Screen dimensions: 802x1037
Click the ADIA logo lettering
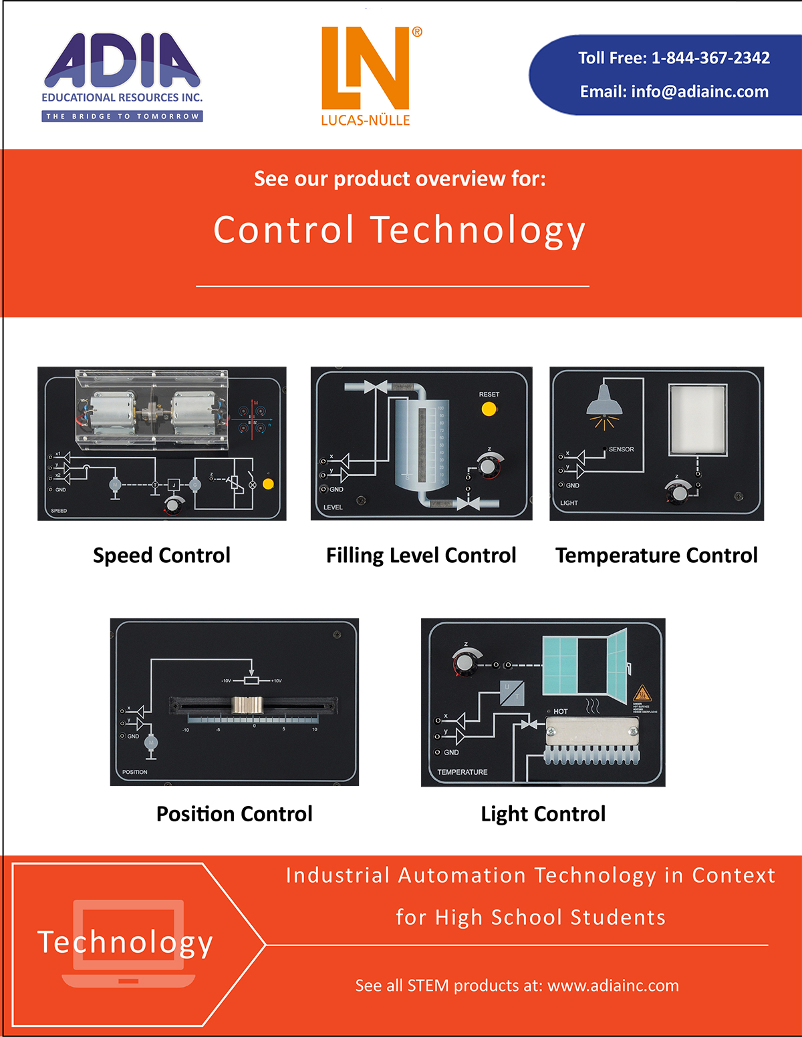pyautogui.click(x=122, y=61)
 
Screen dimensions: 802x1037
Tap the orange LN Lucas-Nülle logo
pyautogui.click(x=366, y=69)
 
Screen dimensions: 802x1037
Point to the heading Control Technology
pyautogui.click(x=400, y=230)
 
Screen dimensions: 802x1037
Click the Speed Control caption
pyautogui.click(x=162, y=556)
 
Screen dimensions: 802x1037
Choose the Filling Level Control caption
pyautogui.click(x=421, y=556)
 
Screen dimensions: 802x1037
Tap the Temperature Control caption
pyautogui.click(x=656, y=556)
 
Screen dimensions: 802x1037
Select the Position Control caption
pyautogui.click(x=235, y=814)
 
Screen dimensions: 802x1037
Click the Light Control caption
pyautogui.click(x=543, y=814)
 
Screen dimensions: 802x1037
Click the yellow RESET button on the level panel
pyautogui.click(x=489, y=409)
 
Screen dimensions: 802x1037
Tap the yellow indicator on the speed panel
pyautogui.click(x=269, y=484)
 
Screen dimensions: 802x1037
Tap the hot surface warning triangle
pyautogui.click(x=642, y=693)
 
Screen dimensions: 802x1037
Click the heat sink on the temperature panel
pyautogui.click(x=592, y=741)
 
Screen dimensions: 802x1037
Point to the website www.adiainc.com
pyautogui.click(x=613, y=986)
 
